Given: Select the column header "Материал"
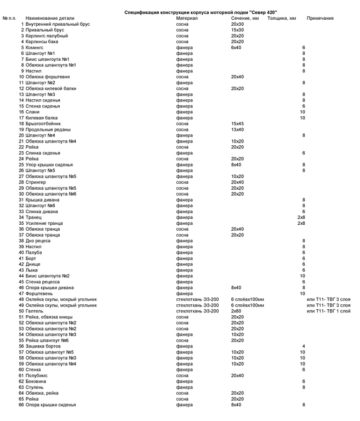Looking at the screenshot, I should click(186, 19).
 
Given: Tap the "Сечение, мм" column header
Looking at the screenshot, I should click(244, 19).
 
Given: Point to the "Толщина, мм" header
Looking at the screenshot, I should click(282, 19).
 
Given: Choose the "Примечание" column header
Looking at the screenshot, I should click(320, 19).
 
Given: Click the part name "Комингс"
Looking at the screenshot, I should click(36, 48).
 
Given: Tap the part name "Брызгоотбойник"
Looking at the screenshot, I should click(43, 124).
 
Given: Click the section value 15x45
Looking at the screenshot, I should click(237, 124).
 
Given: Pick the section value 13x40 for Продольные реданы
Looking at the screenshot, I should click(237, 129).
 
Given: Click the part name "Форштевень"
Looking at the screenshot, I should click(39, 293).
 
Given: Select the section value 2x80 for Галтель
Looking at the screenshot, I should click(236, 311).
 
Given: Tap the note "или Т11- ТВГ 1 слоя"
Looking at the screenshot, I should click(328, 311).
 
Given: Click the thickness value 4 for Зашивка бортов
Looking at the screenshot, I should click(303, 346).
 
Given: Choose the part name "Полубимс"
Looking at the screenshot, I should click(37, 376).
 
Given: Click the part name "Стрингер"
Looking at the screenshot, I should click(36, 182).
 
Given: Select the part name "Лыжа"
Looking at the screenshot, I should click(31, 270).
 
